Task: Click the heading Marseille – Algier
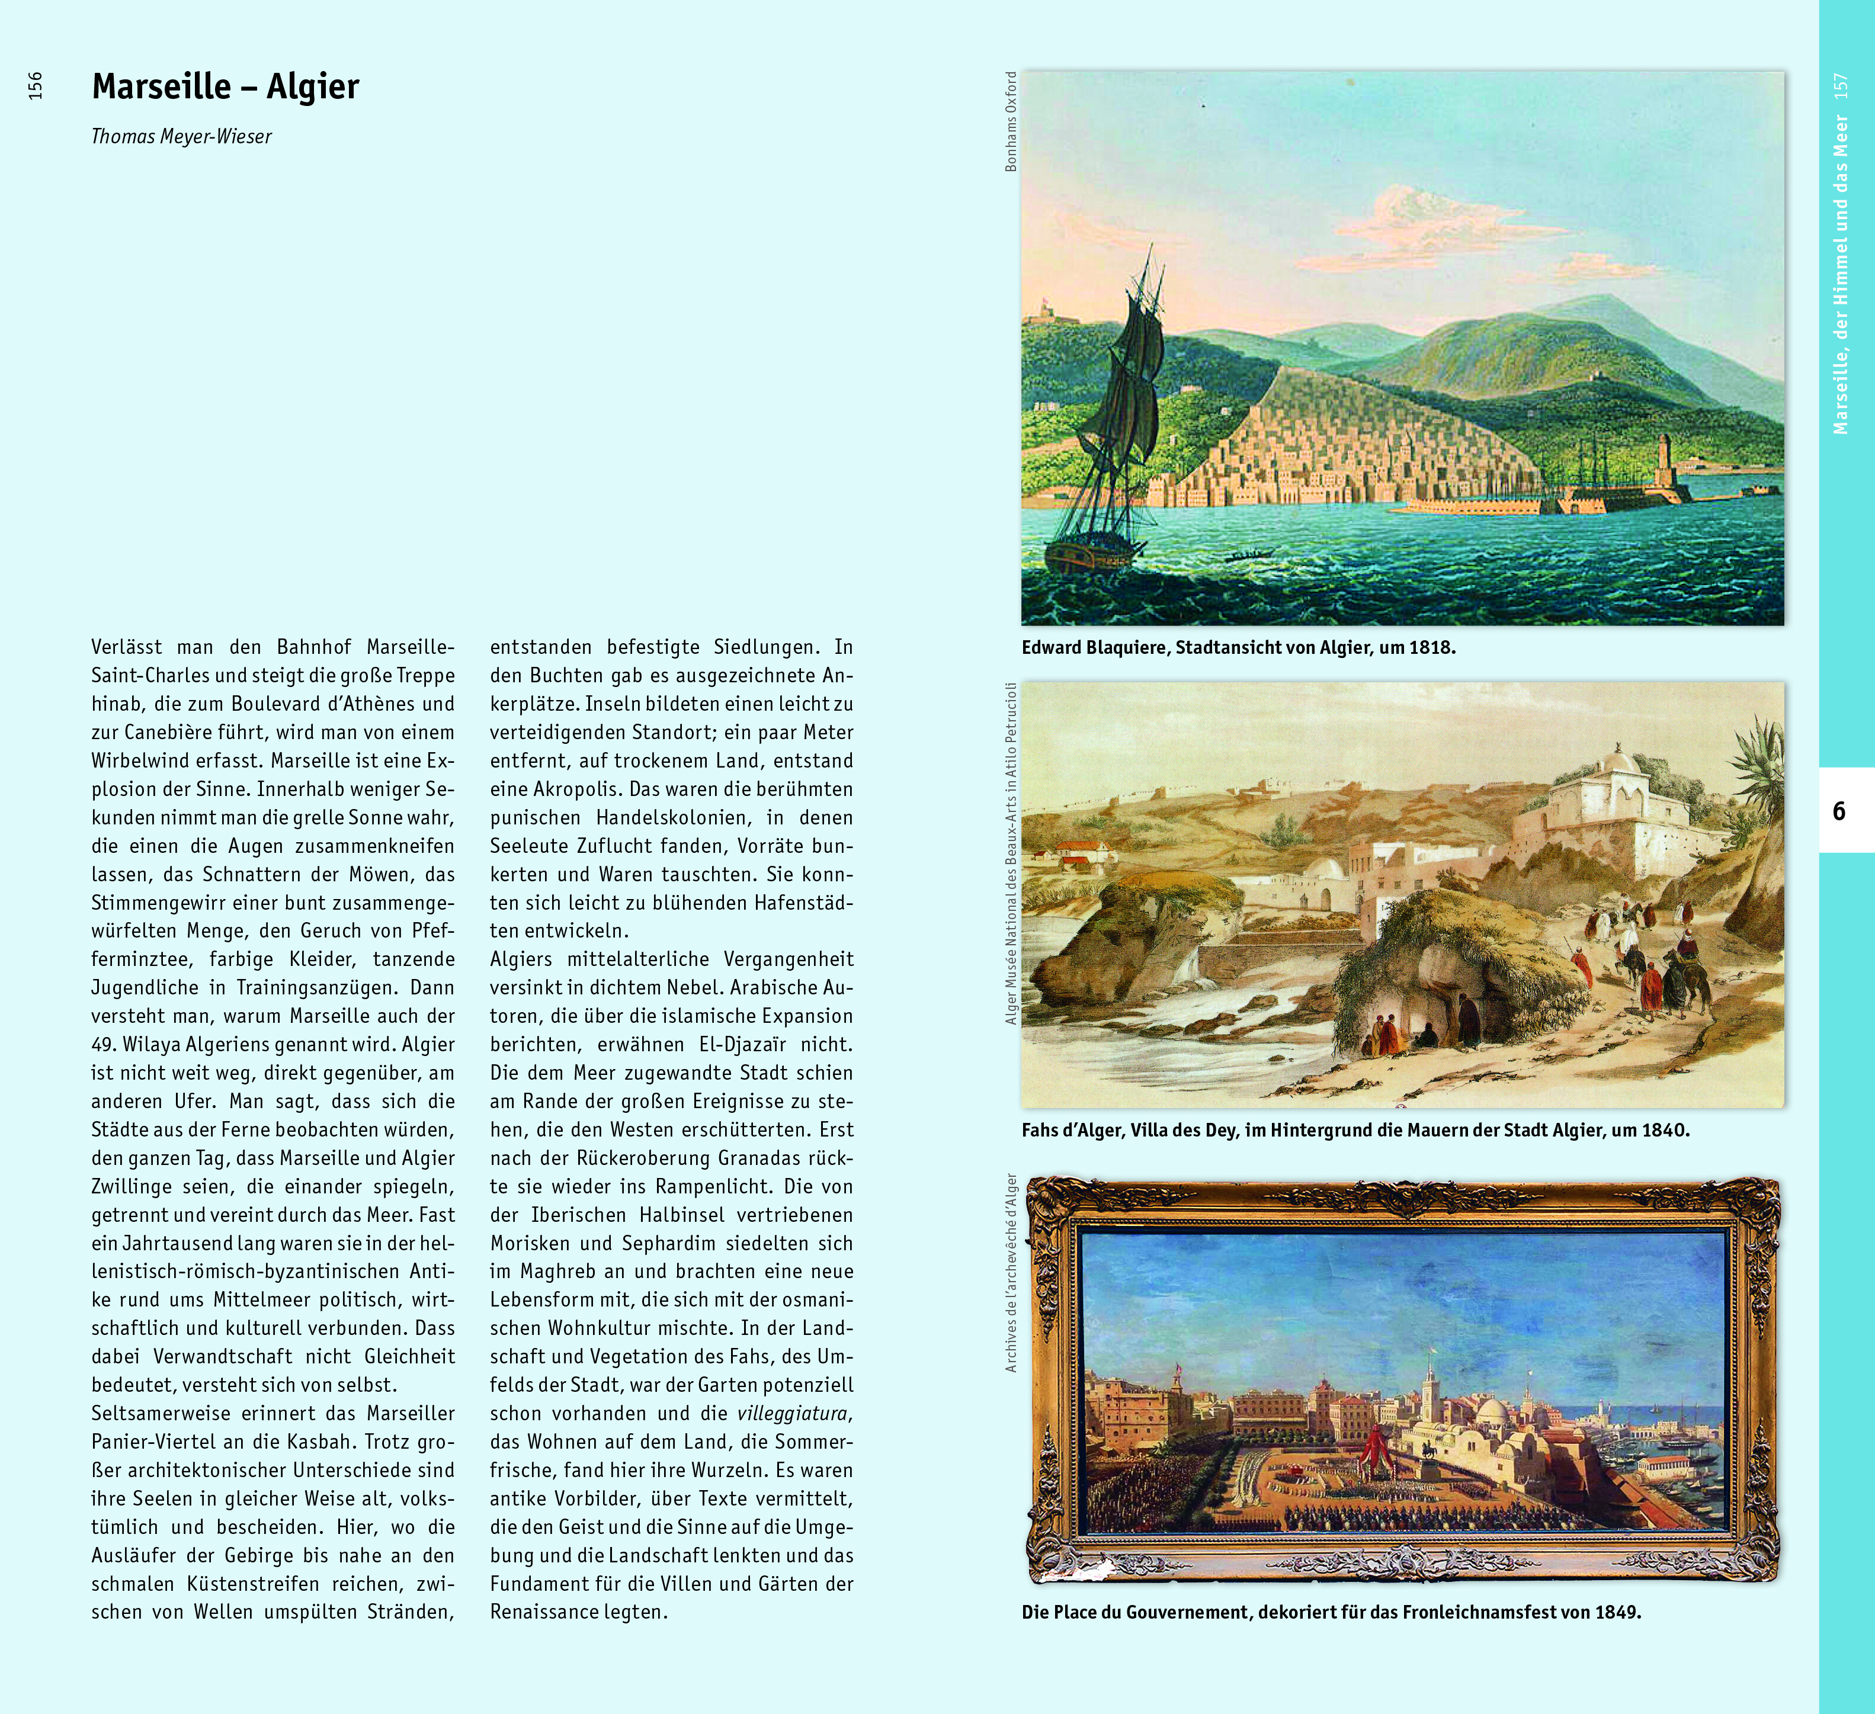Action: point(225,86)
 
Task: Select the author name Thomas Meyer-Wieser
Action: point(181,137)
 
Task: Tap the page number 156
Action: point(36,85)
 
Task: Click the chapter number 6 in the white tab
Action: point(1839,811)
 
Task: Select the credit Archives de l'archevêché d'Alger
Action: point(1011,1273)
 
